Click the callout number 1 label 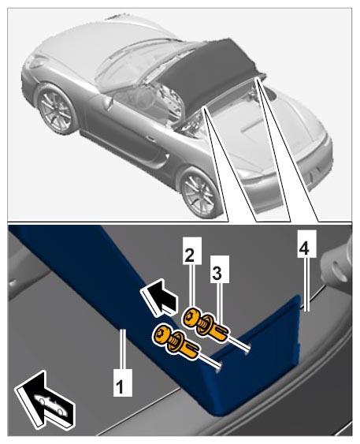(122, 382)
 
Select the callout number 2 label (192, 251)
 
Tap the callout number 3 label (220, 269)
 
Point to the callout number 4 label (306, 244)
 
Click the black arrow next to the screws (158, 298)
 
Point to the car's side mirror (107, 103)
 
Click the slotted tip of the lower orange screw (192, 353)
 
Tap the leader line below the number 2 (192, 286)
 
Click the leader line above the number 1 (122, 349)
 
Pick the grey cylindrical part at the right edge (337, 264)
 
